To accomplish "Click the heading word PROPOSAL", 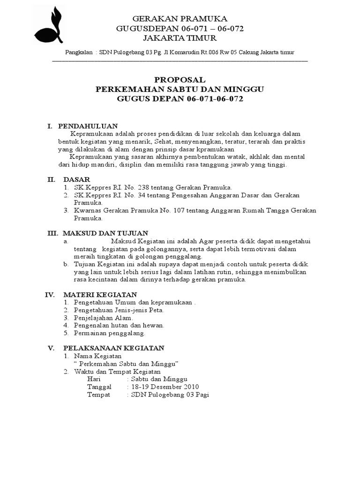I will click(x=180, y=80).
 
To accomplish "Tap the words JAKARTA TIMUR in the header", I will click(x=180, y=37).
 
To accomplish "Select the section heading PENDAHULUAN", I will click(x=88, y=126).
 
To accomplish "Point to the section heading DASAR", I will click(x=77, y=180).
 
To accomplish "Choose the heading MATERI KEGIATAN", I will click(x=100, y=294).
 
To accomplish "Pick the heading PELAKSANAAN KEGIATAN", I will click(x=113, y=348).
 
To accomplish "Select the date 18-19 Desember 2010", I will click(x=165, y=387).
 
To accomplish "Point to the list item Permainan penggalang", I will click(x=110, y=333).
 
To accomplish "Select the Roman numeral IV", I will click(x=50, y=294).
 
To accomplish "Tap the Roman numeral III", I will click(x=51, y=233).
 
